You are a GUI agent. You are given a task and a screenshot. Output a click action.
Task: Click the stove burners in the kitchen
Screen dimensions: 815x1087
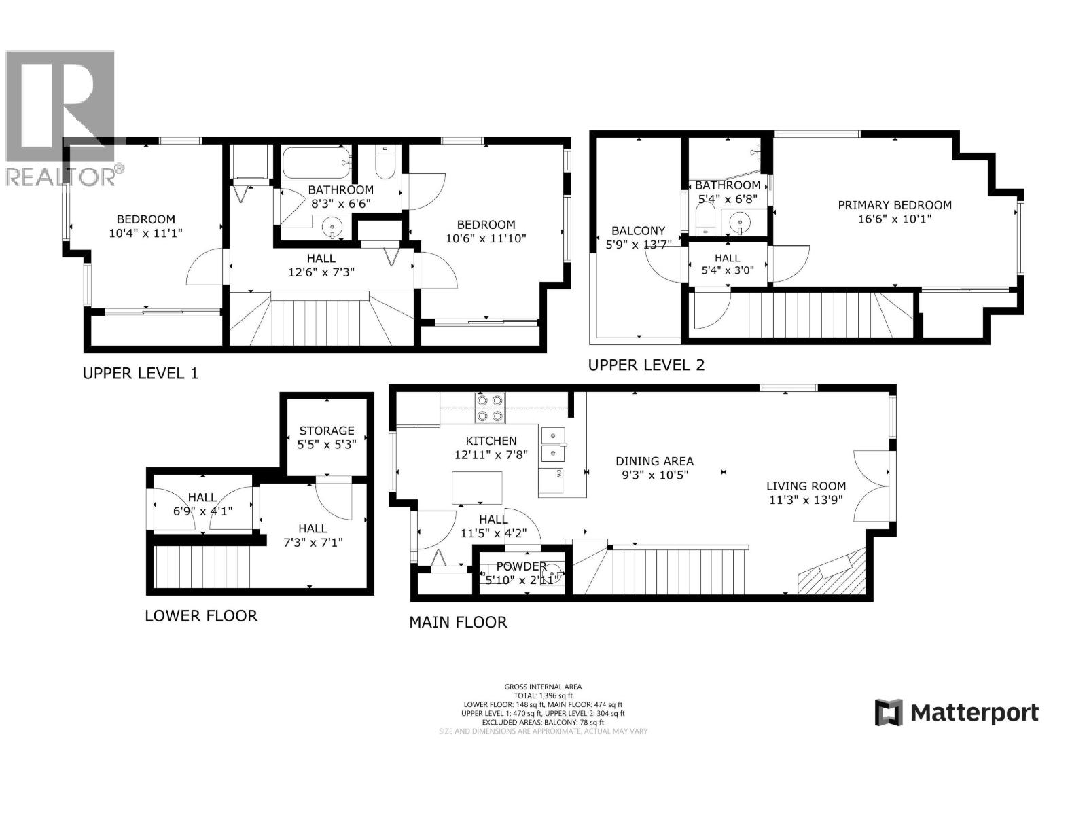click(x=490, y=407)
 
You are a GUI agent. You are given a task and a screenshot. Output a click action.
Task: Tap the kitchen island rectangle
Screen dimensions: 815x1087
click(x=478, y=488)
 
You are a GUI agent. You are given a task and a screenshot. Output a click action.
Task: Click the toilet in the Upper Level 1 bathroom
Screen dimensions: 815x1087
click(x=385, y=162)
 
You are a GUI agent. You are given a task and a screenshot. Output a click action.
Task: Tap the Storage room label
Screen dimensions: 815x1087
click(x=327, y=431)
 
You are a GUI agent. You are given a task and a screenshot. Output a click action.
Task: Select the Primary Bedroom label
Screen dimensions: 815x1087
click(x=894, y=205)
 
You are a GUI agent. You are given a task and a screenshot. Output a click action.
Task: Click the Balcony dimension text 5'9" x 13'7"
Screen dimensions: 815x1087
click(x=638, y=244)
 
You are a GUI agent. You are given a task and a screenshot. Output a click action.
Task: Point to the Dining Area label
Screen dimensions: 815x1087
click(x=654, y=461)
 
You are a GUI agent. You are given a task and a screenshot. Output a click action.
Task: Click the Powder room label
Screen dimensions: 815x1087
click(x=520, y=566)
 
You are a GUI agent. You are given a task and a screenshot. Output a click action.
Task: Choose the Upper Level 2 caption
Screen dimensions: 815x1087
click(x=646, y=365)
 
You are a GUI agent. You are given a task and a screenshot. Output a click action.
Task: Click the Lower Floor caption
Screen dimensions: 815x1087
click(x=201, y=616)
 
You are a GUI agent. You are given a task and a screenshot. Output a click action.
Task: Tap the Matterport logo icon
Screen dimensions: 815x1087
click(x=888, y=712)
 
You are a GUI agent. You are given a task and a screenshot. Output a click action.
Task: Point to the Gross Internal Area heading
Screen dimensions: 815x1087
click(x=543, y=687)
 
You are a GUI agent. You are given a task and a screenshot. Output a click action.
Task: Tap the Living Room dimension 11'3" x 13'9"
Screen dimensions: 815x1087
click(x=806, y=499)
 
